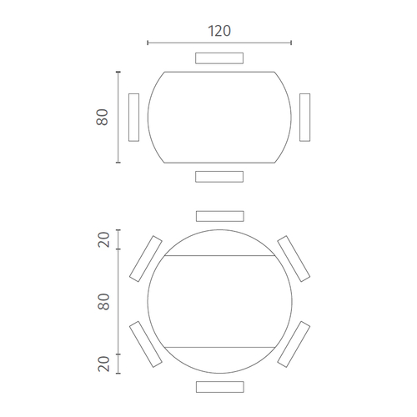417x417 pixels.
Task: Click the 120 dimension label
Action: pos(219,31)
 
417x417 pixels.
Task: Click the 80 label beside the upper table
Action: pos(103,118)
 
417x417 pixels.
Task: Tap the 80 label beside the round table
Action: pos(103,302)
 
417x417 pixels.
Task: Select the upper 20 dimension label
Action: pos(103,239)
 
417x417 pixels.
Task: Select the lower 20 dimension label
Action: pos(103,364)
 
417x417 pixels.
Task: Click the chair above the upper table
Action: pos(219,58)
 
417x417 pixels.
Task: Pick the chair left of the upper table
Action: pos(133,118)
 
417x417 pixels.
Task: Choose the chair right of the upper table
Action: pos(305,118)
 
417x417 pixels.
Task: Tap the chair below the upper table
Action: pos(219,177)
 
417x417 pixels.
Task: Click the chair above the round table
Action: pos(220,216)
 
